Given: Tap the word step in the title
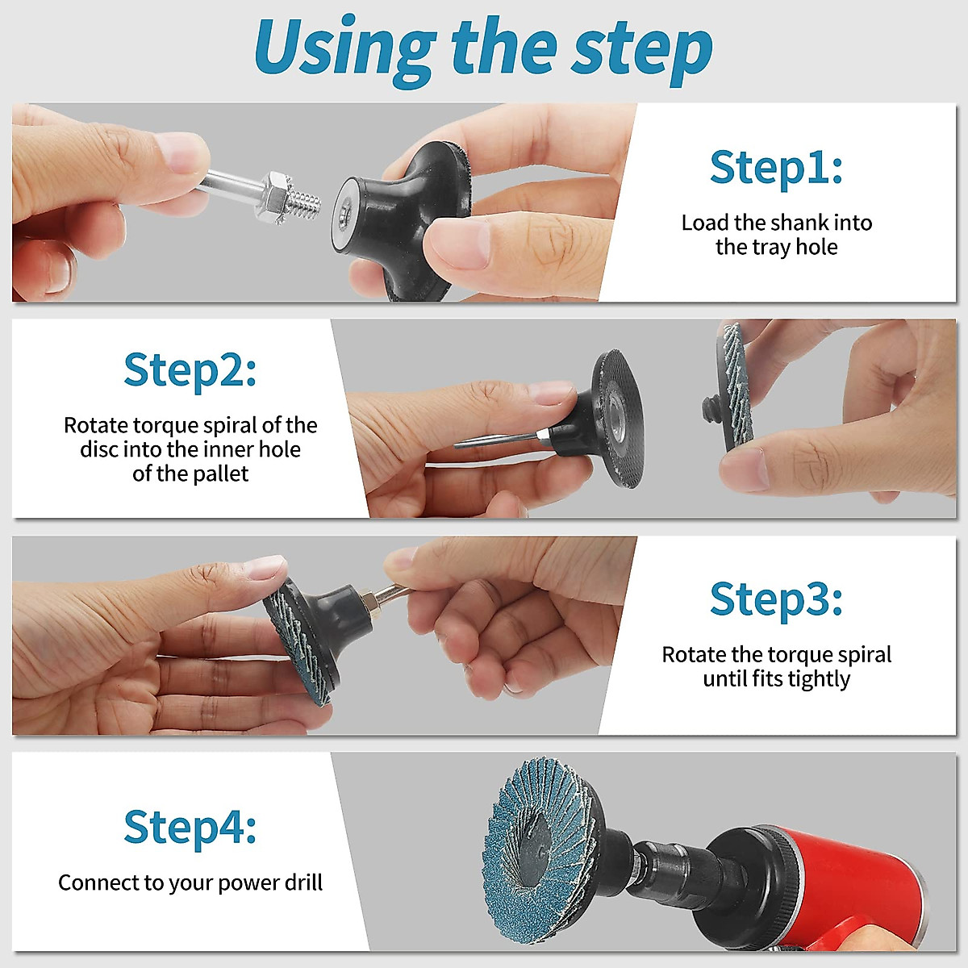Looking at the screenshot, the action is [642, 52].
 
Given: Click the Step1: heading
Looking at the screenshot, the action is [776, 168].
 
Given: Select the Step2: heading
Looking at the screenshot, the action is [190, 371].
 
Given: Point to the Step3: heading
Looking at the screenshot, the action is [776, 600].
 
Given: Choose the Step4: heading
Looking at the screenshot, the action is [190, 828].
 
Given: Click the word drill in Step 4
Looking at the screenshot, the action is [303, 882].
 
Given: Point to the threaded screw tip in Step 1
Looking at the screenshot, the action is [306, 207].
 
